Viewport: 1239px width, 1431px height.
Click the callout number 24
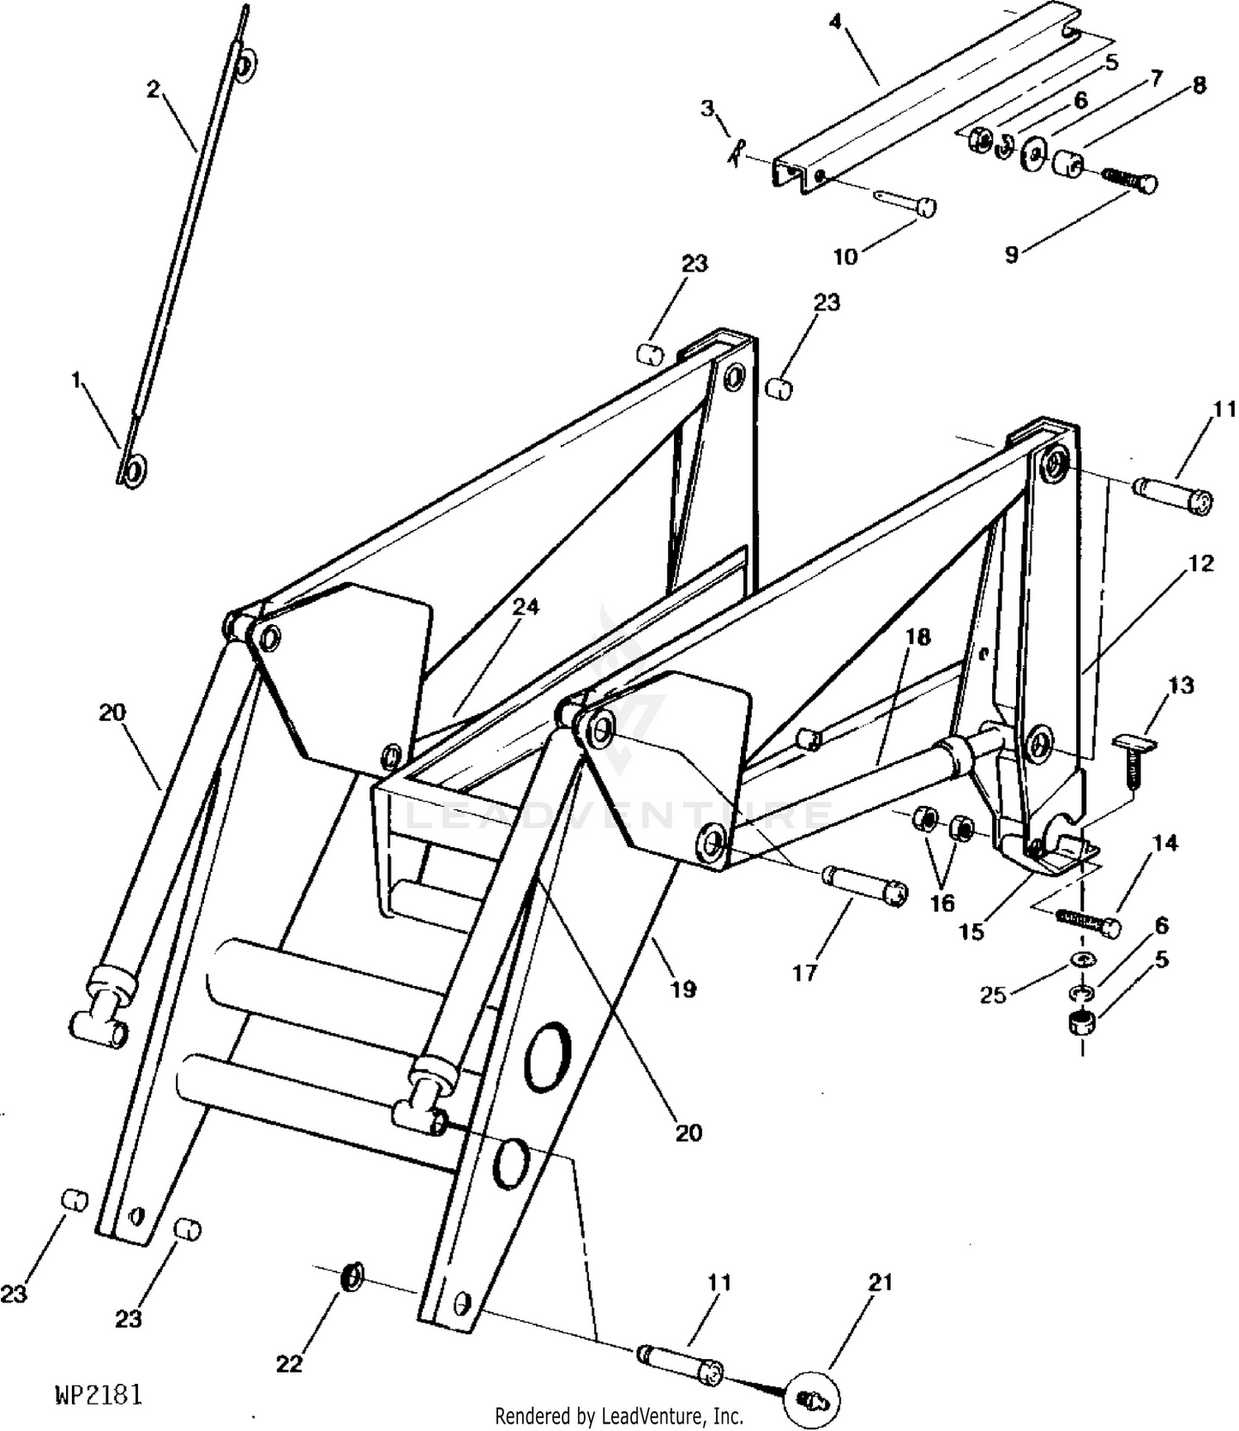526,607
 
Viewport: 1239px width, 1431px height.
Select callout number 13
1180,686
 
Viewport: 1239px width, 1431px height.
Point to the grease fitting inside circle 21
810,1399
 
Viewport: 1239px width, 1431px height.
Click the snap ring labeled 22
352,1277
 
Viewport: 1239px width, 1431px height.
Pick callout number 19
683,989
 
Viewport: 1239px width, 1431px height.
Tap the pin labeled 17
863,886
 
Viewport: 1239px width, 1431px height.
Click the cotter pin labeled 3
734,154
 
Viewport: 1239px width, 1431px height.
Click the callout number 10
845,256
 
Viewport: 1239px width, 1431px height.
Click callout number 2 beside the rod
153,89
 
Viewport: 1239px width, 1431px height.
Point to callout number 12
1201,563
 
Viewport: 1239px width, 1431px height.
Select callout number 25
992,996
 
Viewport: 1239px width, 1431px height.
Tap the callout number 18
917,637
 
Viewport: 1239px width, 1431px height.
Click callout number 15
971,932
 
